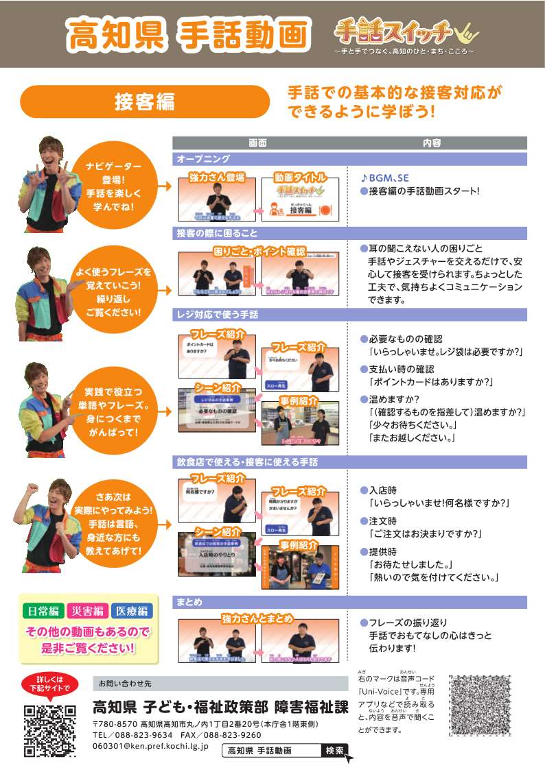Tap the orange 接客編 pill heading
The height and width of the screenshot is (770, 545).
(x=145, y=101)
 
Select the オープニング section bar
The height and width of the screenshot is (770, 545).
(x=349, y=159)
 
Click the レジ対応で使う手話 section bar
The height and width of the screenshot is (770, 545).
(x=349, y=315)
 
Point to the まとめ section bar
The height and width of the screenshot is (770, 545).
(x=349, y=602)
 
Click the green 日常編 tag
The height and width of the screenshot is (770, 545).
(x=44, y=611)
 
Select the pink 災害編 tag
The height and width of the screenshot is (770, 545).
(x=88, y=611)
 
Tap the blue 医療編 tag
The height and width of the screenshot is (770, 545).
(x=132, y=611)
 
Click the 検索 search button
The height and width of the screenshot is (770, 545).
(x=335, y=750)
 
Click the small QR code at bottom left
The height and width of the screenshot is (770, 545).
(x=50, y=731)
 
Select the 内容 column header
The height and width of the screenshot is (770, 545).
(x=432, y=143)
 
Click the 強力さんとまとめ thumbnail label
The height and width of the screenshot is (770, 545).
(x=257, y=618)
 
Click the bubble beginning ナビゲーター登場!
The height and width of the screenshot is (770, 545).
(x=113, y=187)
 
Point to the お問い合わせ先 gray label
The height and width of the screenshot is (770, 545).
(x=124, y=684)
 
